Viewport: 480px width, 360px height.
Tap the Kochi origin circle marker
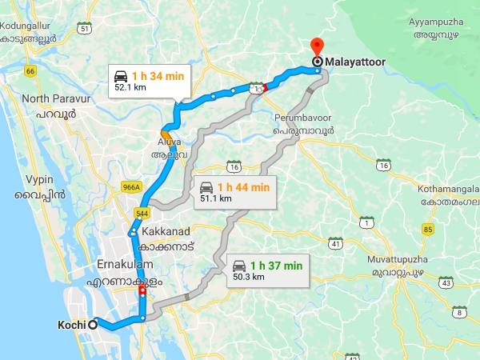(94, 324)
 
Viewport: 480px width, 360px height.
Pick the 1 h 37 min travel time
(277, 266)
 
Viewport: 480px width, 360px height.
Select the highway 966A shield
(131, 188)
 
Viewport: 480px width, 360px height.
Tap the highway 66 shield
(31, 72)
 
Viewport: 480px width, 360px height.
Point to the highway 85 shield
(429, 230)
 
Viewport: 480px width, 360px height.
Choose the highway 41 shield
(337, 242)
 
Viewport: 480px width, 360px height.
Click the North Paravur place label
(53, 98)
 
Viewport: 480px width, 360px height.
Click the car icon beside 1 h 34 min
(122, 75)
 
